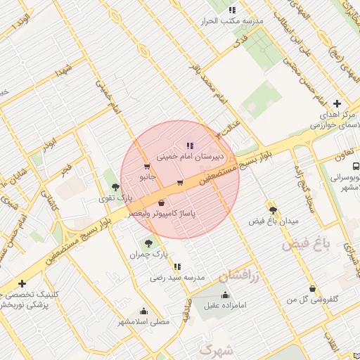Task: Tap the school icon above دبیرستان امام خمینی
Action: point(190,146)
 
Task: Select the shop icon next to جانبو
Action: point(146,167)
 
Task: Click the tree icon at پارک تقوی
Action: point(115,187)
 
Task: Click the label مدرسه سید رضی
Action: point(177,278)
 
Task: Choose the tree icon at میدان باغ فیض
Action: point(273,210)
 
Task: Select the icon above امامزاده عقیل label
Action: point(225,295)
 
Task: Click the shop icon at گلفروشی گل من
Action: point(312,288)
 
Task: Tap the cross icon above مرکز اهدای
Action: point(337,103)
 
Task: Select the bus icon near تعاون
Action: point(356,167)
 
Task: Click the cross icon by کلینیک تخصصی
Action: point(23,283)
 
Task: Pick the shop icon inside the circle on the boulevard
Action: point(180,184)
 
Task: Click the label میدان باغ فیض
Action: point(274,221)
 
